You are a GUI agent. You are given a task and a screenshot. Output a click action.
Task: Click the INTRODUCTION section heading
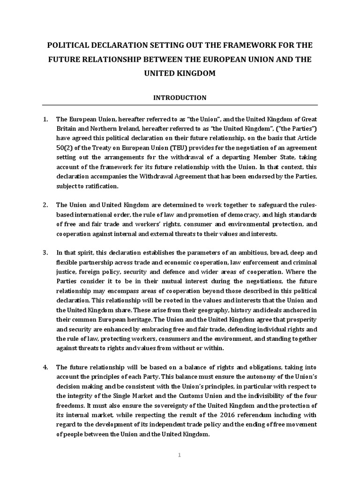(x=180, y=98)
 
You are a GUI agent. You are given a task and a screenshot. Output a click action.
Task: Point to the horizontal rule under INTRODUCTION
(x=180, y=105)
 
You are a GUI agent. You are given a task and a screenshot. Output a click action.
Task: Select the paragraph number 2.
(x=45, y=205)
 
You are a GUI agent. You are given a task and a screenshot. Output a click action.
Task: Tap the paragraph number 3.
(x=45, y=252)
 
